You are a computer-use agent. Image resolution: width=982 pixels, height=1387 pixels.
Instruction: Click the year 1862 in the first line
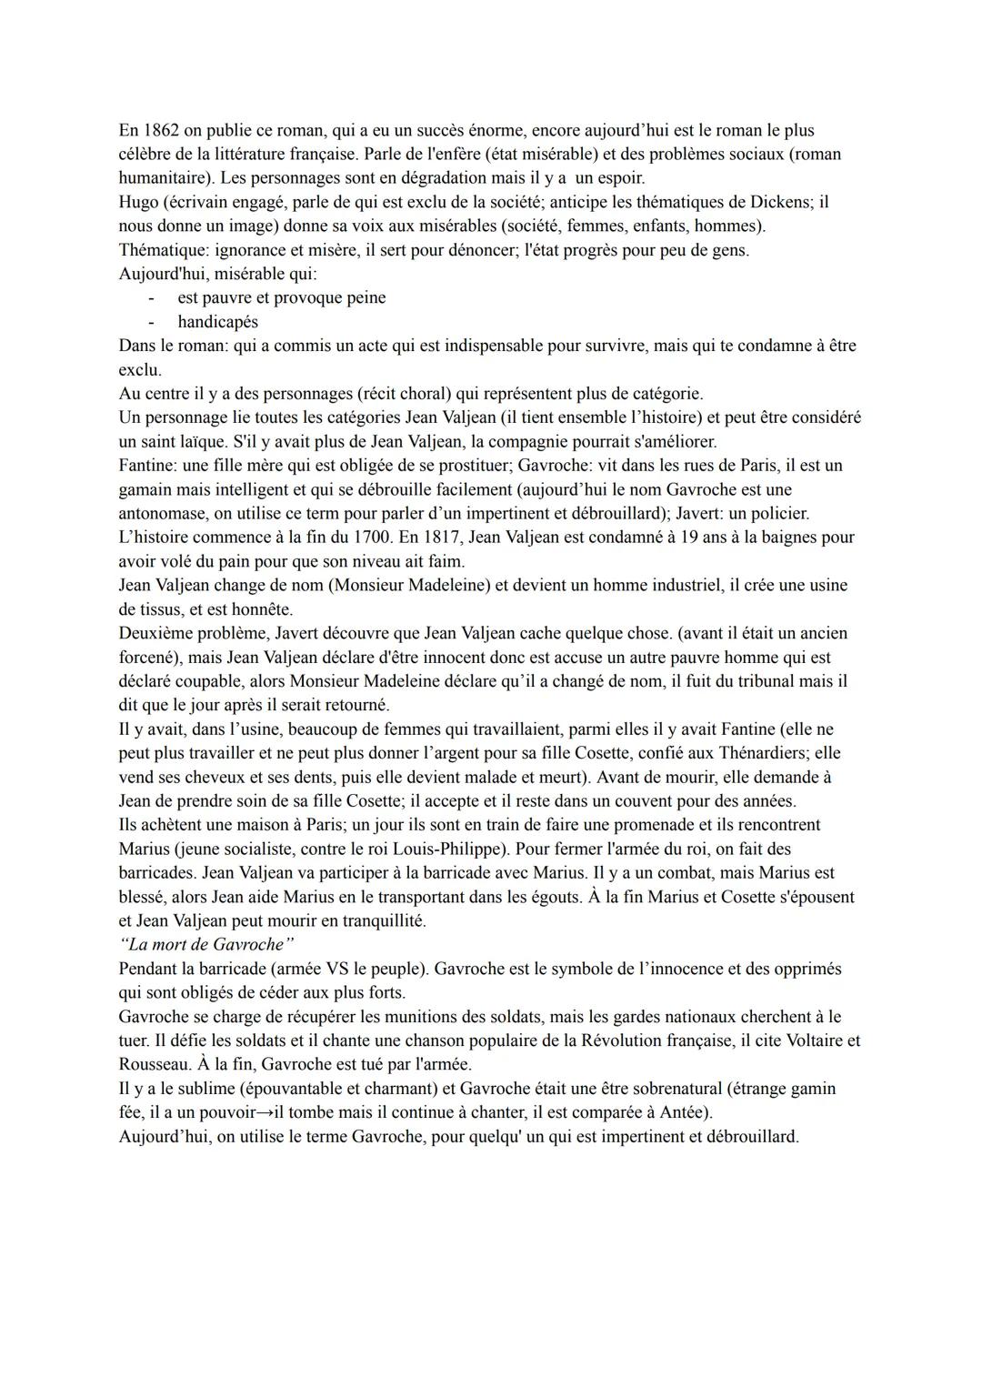click(x=160, y=130)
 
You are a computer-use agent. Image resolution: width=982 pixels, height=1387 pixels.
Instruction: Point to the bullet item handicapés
click(x=217, y=322)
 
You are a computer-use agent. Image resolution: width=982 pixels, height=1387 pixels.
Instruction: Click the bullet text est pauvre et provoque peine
click(x=281, y=297)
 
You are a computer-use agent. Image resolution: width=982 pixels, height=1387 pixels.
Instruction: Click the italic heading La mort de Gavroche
click(x=206, y=944)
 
